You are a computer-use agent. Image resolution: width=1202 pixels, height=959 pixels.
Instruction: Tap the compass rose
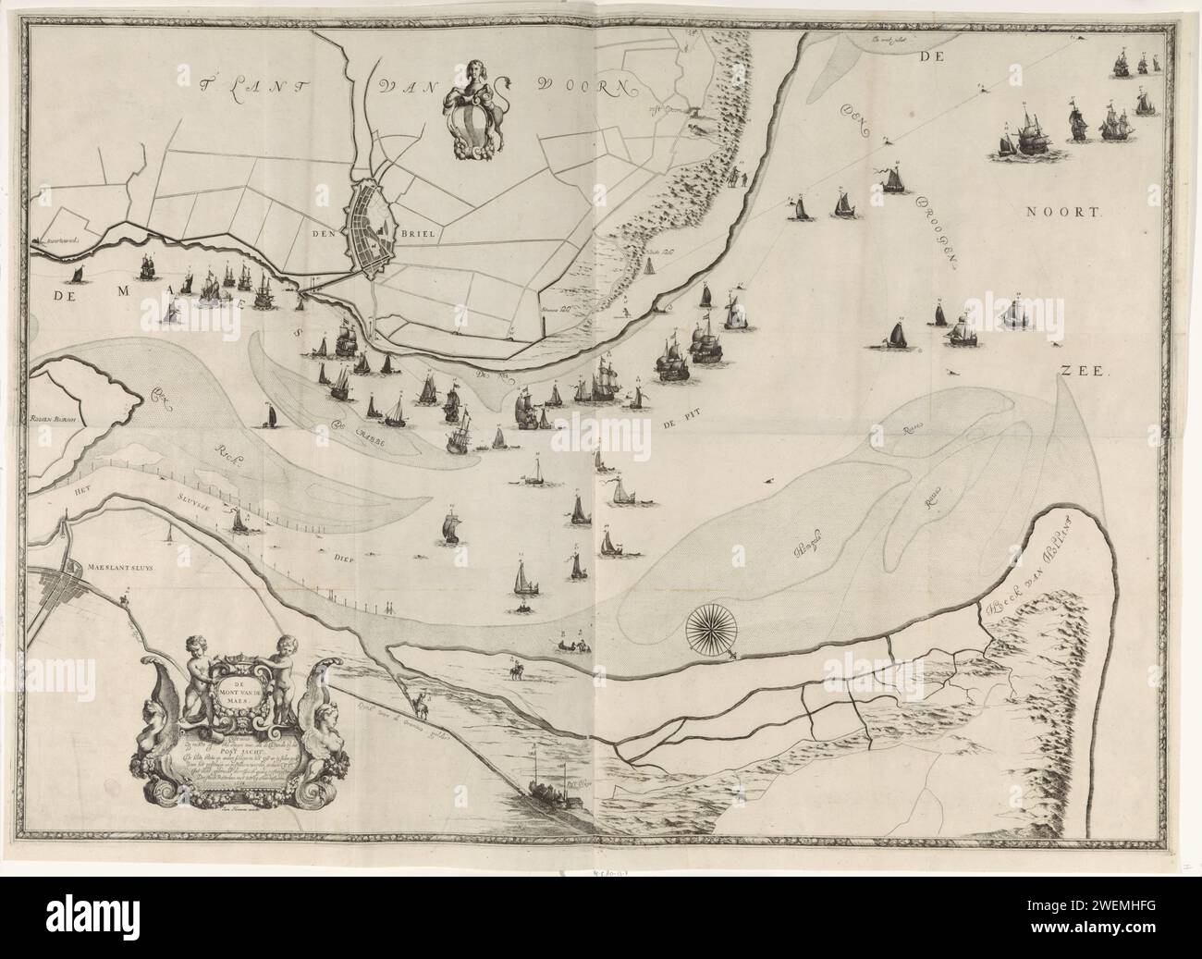709,631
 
